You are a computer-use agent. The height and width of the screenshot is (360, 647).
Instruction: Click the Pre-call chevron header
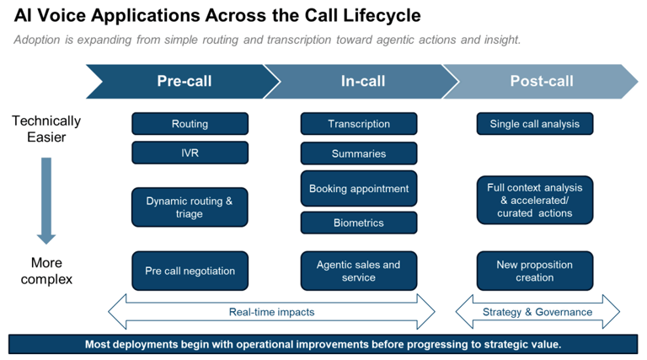tap(184, 81)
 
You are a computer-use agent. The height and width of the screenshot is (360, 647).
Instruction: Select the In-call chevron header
tap(362, 81)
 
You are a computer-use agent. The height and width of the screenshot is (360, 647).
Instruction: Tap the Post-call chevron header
tap(541, 81)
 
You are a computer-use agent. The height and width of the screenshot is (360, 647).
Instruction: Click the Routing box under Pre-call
tap(190, 124)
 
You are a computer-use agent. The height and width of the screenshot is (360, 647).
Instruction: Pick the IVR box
tap(190, 153)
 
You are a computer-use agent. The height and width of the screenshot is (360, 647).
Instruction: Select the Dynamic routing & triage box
tap(190, 207)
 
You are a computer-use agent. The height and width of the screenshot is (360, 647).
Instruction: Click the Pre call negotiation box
tap(190, 271)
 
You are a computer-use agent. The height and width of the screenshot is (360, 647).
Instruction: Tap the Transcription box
tap(359, 124)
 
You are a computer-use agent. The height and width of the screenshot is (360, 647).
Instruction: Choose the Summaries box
tap(359, 153)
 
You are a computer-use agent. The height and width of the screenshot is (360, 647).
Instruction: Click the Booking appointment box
tap(359, 189)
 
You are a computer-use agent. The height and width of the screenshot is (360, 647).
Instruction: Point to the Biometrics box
tap(359, 223)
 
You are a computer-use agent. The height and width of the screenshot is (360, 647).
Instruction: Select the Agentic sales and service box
tap(359, 271)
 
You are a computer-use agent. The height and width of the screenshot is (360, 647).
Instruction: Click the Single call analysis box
tap(535, 124)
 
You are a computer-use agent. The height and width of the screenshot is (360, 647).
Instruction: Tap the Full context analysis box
tap(535, 200)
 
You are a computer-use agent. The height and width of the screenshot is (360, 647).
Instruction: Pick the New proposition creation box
tap(535, 271)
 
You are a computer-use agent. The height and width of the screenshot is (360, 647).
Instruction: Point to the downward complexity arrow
tap(46, 201)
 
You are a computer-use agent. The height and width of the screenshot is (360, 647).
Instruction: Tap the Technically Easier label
tap(46, 129)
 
